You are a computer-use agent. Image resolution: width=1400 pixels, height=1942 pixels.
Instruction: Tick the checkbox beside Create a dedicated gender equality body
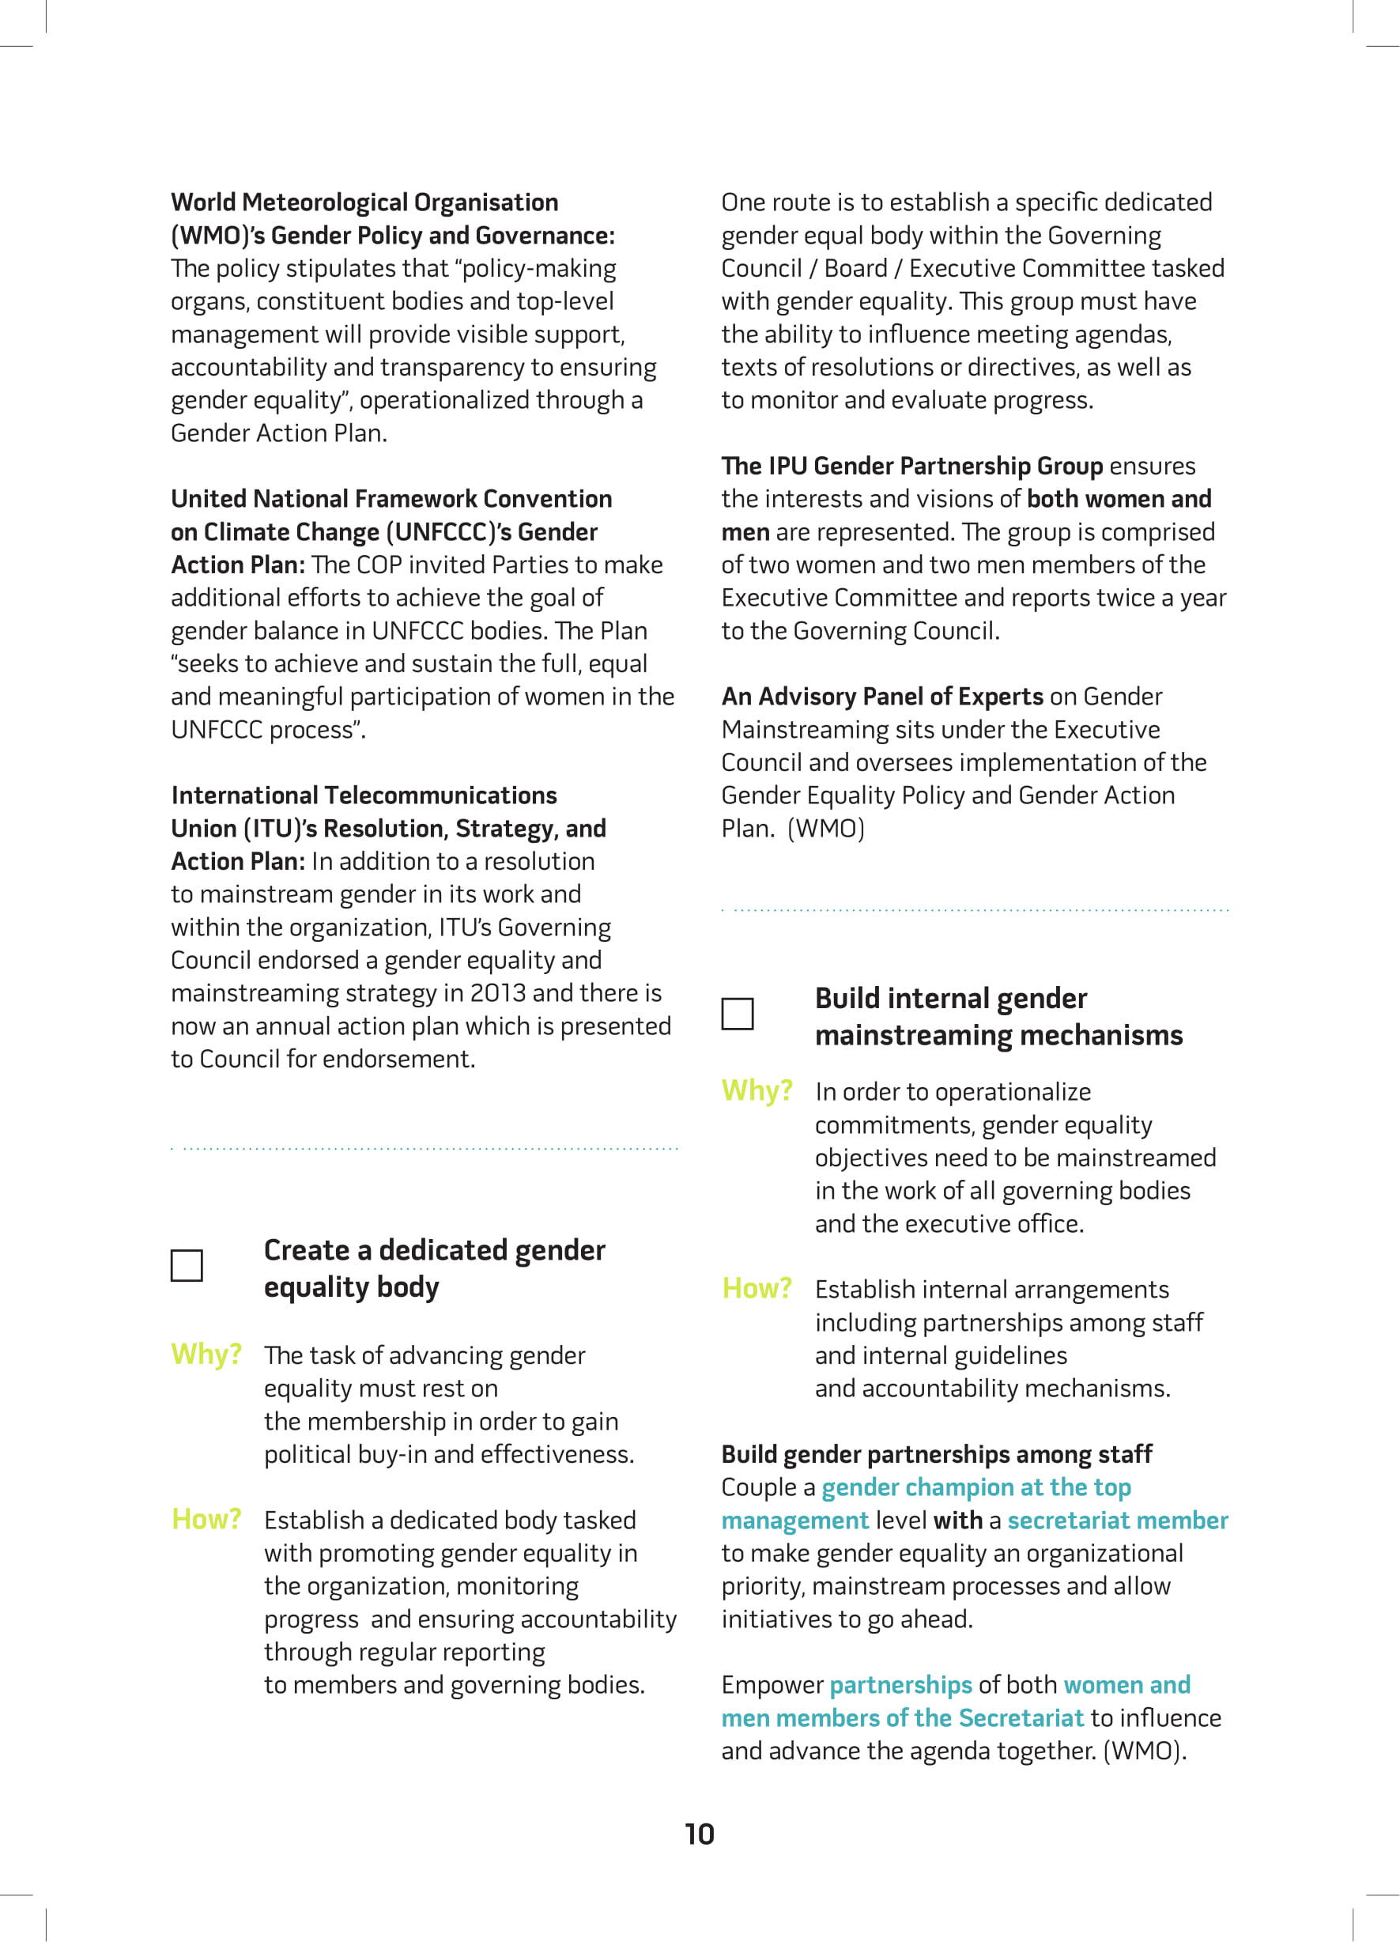[x=187, y=1266]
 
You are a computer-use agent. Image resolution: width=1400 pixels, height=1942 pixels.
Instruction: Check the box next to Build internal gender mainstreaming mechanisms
[x=738, y=1014]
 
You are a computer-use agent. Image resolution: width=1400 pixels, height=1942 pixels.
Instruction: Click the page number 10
[x=700, y=1834]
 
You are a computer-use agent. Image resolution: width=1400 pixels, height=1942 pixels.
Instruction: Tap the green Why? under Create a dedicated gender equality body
[x=206, y=1354]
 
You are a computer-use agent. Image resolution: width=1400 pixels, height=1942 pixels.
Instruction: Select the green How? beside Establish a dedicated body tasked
[x=206, y=1519]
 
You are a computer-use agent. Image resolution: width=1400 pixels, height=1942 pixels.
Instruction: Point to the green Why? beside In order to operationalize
[x=757, y=1091]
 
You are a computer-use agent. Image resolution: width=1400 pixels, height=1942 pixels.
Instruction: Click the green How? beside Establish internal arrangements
[x=757, y=1289]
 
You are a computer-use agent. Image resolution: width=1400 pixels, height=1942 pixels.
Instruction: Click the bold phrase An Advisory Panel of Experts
[x=882, y=697]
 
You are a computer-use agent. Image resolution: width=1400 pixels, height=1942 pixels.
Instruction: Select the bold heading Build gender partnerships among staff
[x=936, y=1454]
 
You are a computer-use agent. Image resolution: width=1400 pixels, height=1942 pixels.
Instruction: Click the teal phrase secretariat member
[x=1118, y=1521]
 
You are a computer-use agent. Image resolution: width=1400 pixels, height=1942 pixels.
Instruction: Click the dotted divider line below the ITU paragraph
[x=425, y=1148]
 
